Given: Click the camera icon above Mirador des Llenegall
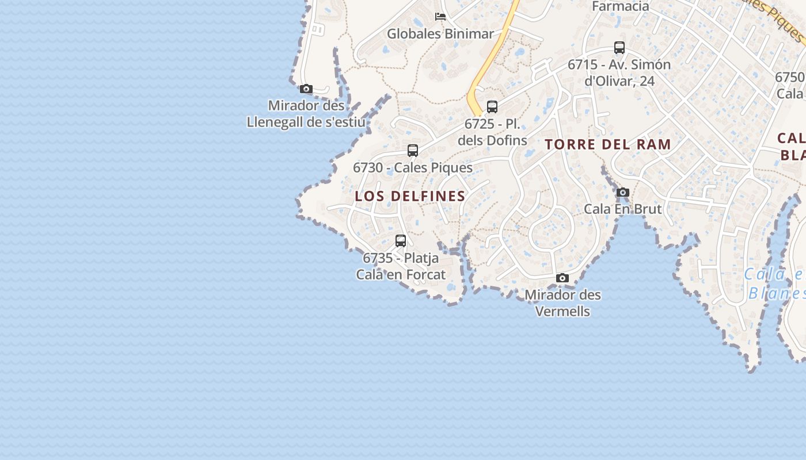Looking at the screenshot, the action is (306, 89).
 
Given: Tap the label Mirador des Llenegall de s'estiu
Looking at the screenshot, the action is (306, 114).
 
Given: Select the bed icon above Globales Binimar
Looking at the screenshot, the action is (440, 17).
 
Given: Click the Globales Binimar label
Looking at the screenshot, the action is (440, 34).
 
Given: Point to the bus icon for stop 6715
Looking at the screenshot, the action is (619, 48).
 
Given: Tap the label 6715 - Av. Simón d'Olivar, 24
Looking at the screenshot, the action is (619, 72).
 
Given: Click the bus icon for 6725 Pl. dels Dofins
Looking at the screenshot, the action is (492, 106).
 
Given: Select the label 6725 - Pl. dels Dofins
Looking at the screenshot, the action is (492, 132).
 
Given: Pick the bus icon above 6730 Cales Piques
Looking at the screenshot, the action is (413, 151).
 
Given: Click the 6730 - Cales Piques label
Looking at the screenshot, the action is (413, 168).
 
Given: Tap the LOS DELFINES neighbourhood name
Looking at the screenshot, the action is (410, 196).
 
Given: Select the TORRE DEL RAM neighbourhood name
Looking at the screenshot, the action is (608, 144).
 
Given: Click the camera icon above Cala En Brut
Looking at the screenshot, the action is (623, 193).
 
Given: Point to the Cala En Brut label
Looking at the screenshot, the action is (623, 209).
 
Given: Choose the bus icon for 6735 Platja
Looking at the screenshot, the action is (401, 241).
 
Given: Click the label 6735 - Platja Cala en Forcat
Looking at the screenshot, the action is (401, 266).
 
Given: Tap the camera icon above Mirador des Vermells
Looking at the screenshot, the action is (562, 278).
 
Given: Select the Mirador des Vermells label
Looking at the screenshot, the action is (562, 303).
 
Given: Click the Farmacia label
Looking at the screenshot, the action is (621, 6).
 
